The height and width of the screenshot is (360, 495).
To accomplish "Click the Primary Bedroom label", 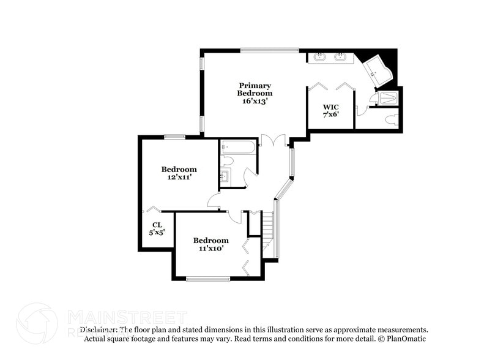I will [x=255, y=89].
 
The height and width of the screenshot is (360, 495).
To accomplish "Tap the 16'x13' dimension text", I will [x=255, y=101].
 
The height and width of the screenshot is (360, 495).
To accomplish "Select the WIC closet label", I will [x=330, y=107].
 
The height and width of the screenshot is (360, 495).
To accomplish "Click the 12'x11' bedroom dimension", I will [x=179, y=177].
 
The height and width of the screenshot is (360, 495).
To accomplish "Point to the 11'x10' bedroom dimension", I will [x=210, y=248].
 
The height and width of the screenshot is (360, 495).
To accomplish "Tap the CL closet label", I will [x=157, y=225].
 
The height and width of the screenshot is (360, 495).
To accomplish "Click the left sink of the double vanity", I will [x=320, y=58].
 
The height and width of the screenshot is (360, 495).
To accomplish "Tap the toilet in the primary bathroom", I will [x=392, y=119].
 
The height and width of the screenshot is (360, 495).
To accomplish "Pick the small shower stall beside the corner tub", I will [x=388, y=98].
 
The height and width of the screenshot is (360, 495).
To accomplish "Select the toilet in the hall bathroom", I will [x=228, y=160].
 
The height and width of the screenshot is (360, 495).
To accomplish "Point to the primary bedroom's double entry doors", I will [x=273, y=140].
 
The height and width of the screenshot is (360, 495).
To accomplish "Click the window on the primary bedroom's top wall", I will [x=269, y=50].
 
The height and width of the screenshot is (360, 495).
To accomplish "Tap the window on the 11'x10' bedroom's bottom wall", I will [x=208, y=279].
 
